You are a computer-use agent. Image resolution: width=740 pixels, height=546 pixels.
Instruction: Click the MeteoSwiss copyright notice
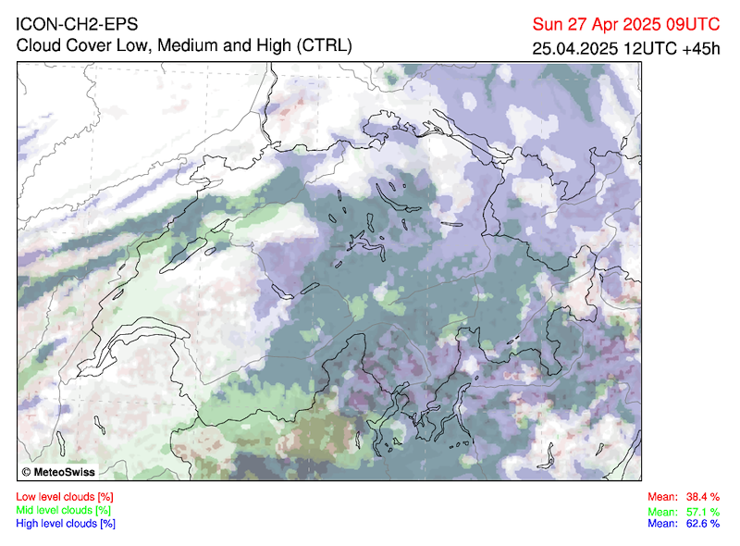pos(63,472)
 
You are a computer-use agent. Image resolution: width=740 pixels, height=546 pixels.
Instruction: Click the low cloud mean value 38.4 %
pos(702,497)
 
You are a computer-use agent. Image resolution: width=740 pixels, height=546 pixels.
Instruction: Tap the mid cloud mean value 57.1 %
pos(702,512)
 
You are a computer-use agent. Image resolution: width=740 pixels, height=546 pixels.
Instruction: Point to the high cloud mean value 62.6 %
pos(702,523)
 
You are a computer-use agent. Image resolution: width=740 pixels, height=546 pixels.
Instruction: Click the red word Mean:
pos(662,497)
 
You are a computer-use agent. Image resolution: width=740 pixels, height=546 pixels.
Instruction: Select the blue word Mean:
pos(662,523)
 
